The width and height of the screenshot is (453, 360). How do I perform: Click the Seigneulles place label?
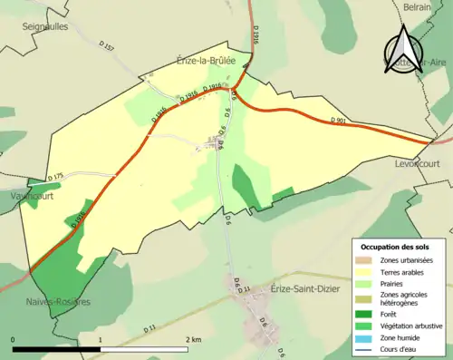click(x=47, y=27)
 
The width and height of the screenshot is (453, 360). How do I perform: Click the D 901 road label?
click(x=339, y=121)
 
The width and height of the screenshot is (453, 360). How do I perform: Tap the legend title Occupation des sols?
click(x=396, y=248)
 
